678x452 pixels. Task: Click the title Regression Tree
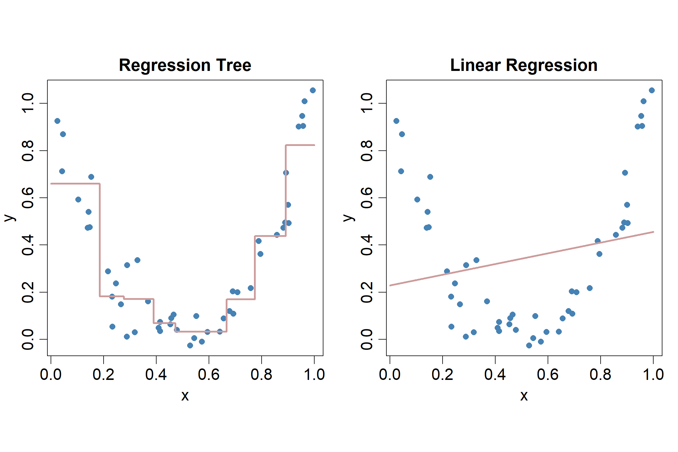tap(185, 65)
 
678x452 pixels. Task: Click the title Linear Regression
tap(524, 65)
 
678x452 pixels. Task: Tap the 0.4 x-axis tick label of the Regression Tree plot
tap(156, 375)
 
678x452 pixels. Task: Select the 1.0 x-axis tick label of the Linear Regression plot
tap(653, 375)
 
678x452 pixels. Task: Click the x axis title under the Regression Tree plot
tap(185, 396)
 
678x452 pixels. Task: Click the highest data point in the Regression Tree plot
tap(313, 90)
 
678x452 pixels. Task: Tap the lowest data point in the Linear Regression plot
tap(529, 345)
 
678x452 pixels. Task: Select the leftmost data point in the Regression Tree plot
tap(57, 121)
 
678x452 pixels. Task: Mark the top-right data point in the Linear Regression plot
tap(652, 90)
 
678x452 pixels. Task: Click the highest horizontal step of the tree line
tap(300, 145)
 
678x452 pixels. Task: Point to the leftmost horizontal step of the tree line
tap(75, 184)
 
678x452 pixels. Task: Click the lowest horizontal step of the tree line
tap(201, 332)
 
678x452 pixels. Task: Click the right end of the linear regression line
tap(653, 232)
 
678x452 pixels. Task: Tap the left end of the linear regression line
tap(390, 285)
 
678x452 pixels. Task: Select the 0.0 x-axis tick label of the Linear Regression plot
tap(390, 375)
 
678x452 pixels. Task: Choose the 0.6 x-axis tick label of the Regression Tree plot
tap(209, 375)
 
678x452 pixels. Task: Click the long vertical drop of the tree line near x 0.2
tap(100, 240)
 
